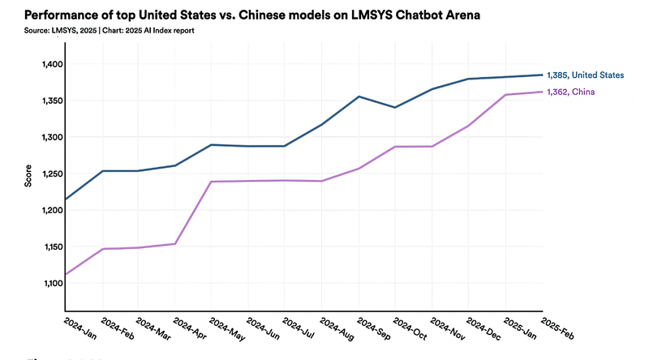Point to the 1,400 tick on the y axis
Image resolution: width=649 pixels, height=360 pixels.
tap(47, 64)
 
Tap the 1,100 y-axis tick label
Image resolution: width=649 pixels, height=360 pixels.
tap(47, 283)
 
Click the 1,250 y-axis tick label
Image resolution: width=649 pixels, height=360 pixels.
tap(47, 174)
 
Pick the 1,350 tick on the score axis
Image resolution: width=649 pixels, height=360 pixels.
tap(47, 101)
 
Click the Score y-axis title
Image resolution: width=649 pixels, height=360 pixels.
tap(28, 176)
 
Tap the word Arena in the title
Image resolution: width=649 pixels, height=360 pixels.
tap(449, 15)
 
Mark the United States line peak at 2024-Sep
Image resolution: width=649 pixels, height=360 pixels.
tap(358, 96)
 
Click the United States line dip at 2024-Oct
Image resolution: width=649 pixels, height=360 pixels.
tap(394, 107)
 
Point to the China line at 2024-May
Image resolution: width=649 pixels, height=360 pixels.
tap(210, 182)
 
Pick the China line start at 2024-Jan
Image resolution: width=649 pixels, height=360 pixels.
tap(66, 274)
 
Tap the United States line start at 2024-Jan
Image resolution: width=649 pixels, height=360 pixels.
tap(66, 199)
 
